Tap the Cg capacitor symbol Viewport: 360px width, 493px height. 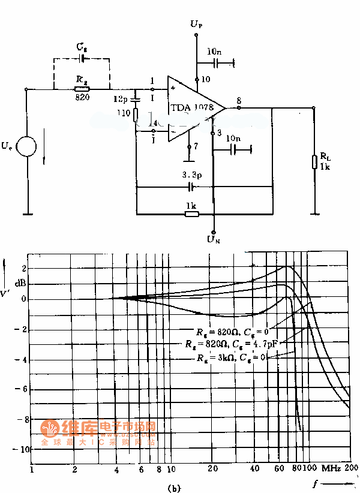(82, 59)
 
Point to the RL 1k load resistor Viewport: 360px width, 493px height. (314, 162)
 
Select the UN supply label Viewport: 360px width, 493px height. (214, 240)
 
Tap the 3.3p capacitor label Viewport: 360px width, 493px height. (193, 175)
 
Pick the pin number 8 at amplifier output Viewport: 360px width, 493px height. (239, 101)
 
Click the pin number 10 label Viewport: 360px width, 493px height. (206, 79)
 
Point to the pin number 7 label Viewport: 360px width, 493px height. (196, 146)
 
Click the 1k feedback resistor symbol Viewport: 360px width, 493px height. (191, 213)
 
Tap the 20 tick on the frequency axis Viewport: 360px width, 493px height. (212, 468)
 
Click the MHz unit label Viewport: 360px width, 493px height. (330, 467)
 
